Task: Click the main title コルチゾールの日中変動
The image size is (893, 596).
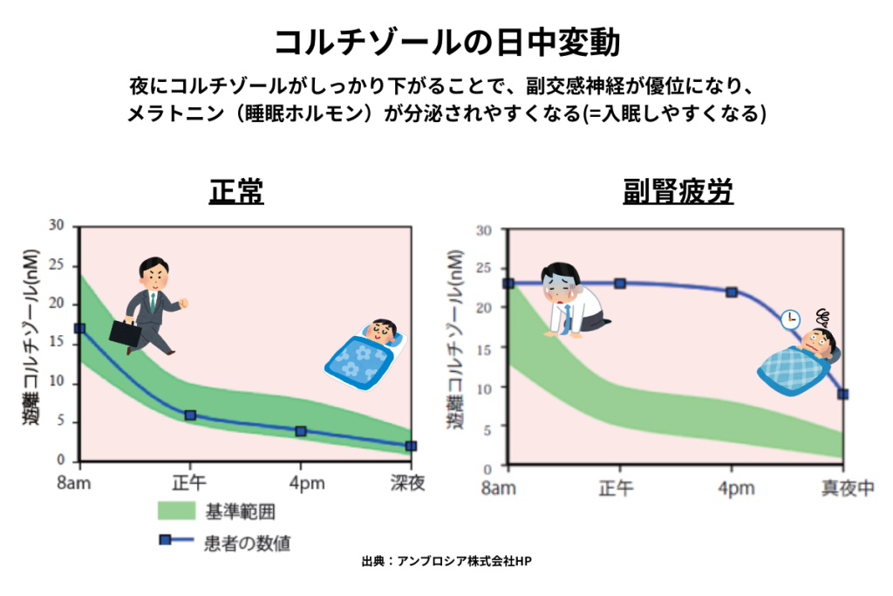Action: (x=446, y=41)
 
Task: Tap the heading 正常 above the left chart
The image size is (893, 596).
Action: (x=236, y=191)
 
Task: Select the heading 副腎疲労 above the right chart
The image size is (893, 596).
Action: (x=678, y=191)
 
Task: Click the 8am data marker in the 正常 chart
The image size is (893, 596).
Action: (x=79, y=329)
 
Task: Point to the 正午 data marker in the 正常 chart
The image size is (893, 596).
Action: (x=190, y=415)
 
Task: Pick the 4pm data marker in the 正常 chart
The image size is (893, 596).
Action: (x=301, y=431)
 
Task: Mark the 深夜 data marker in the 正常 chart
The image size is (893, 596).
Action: (x=411, y=446)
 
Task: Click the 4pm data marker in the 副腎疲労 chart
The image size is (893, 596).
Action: (x=732, y=292)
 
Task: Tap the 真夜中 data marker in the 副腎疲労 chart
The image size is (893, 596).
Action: (x=843, y=394)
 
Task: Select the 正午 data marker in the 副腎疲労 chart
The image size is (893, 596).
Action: (x=620, y=284)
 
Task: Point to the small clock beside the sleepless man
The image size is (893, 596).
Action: (x=790, y=319)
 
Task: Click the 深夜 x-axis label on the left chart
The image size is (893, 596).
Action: (x=406, y=483)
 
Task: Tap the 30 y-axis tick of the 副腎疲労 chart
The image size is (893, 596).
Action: (x=485, y=229)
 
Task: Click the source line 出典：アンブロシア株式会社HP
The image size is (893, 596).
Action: (x=446, y=562)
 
